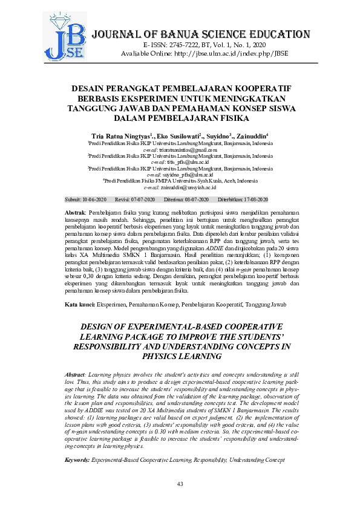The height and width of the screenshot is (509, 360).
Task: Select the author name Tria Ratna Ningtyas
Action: click(x=119, y=136)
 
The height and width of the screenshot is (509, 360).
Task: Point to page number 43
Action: click(x=180, y=485)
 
